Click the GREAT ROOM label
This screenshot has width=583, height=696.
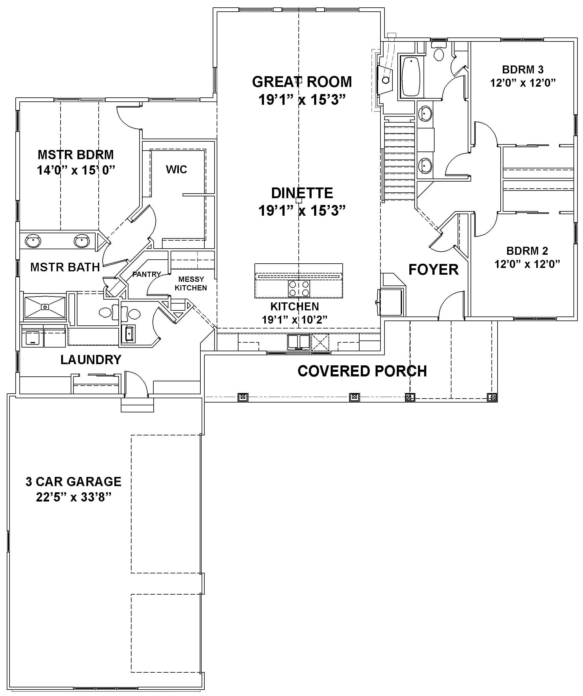301,82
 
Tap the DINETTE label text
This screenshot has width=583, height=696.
301,193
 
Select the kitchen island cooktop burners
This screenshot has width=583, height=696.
299,288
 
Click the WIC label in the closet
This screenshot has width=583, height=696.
176,170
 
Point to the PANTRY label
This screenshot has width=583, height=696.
146,274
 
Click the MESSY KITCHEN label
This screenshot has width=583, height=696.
191,283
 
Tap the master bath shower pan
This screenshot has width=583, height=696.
45,307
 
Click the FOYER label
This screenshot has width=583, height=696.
433,269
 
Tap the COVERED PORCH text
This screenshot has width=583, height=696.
362,371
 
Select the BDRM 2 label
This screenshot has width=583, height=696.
527,251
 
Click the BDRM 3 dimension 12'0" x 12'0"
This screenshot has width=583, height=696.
523,83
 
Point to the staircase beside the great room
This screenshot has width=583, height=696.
399,161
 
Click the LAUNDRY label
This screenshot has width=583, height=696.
91,360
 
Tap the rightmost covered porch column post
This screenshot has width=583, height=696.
492,397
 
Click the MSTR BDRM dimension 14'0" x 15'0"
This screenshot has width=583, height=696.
76,170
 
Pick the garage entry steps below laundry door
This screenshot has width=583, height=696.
137,405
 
